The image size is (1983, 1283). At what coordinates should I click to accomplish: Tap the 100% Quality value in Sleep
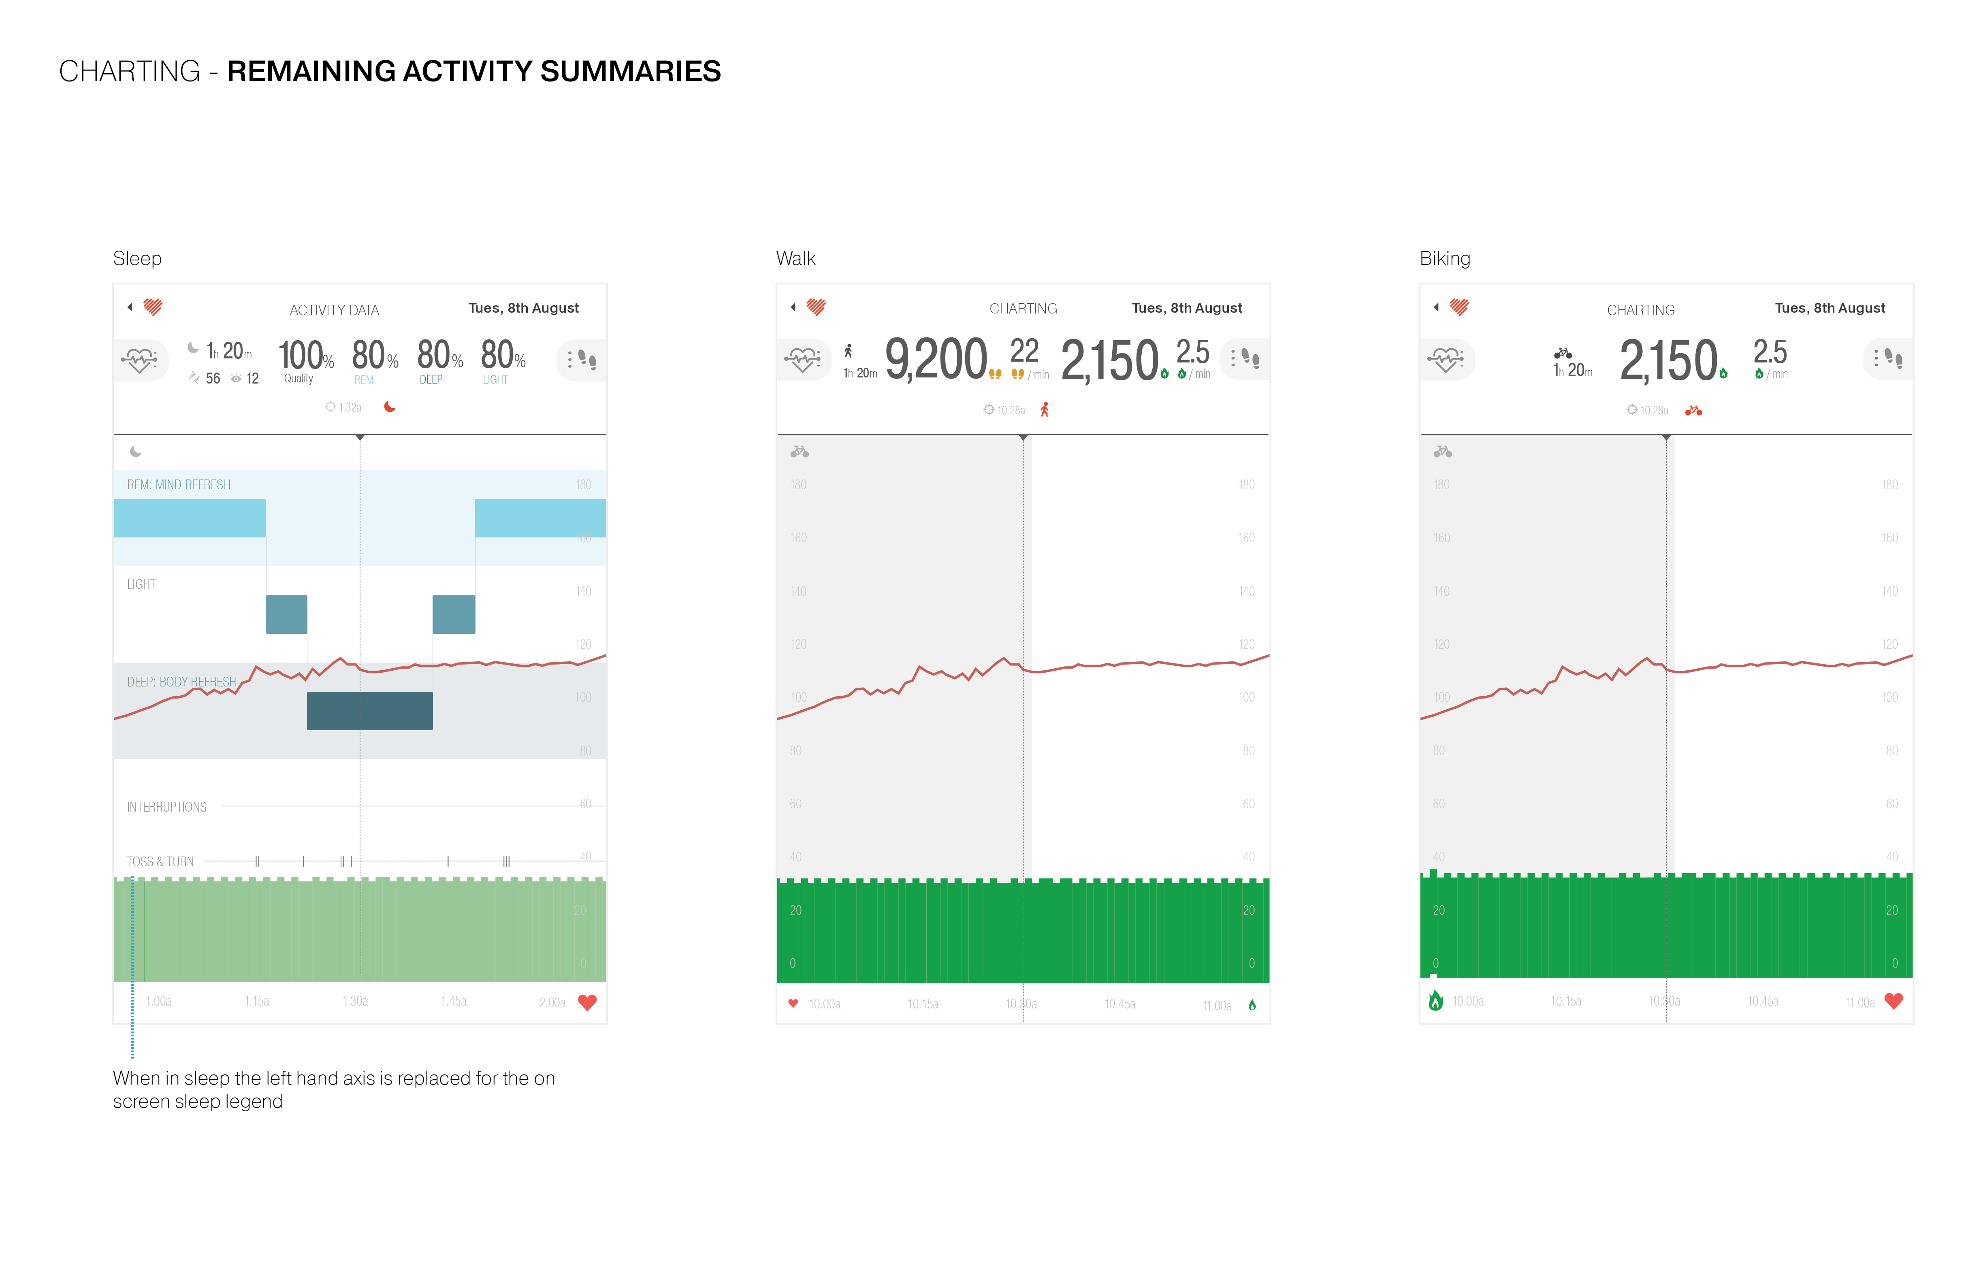pyautogui.click(x=305, y=356)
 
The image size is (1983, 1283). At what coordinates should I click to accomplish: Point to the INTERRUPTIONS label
pyautogui.click(x=166, y=806)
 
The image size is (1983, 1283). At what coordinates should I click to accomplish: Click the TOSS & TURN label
pyautogui.click(x=160, y=861)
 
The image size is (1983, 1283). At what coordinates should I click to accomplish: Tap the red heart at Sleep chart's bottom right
pyautogui.click(x=587, y=1002)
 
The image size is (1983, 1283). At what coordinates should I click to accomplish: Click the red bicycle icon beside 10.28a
pyautogui.click(x=1693, y=410)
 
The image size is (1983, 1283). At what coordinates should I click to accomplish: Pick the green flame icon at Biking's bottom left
pyautogui.click(x=1435, y=1001)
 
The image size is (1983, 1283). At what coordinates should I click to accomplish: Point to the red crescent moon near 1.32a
pyautogui.click(x=389, y=407)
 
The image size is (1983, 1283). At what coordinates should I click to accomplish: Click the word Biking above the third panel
pyautogui.click(x=1445, y=258)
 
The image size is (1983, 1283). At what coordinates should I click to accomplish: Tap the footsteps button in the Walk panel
pyautogui.click(x=1245, y=359)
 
